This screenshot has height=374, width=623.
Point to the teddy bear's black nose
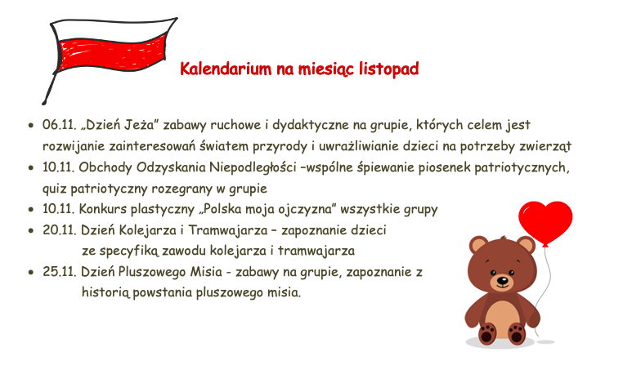click(x=503, y=281)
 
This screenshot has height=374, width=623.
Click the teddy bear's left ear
click(x=478, y=245)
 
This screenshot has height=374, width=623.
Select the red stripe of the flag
click(x=111, y=55)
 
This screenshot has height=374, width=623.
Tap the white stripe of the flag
click(x=114, y=29)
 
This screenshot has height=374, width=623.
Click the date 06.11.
click(x=59, y=125)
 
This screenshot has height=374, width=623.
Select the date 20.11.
click(x=59, y=230)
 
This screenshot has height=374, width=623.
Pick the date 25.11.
click(x=59, y=272)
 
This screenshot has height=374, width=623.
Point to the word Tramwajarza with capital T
click(x=227, y=230)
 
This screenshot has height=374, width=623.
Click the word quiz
click(x=55, y=189)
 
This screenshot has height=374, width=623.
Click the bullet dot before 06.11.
click(x=31, y=126)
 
